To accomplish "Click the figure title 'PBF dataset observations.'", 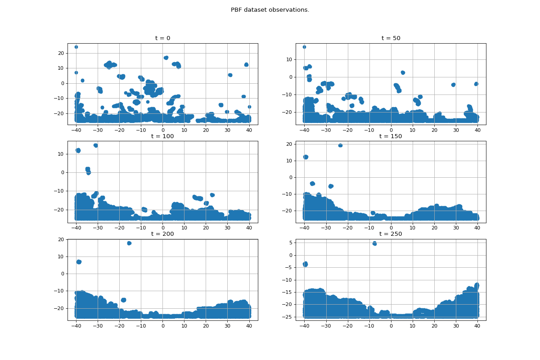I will [270, 10].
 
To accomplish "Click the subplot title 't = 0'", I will [162, 38].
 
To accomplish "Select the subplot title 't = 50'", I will [391, 38].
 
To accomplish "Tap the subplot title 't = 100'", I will [162, 136].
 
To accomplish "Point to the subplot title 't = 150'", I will [391, 136].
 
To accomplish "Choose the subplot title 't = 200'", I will [162, 234].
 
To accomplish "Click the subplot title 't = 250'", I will [391, 234].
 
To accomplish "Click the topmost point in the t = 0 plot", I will [76, 47].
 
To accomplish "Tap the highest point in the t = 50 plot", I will [304, 47].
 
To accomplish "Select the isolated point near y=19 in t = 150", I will [340, 145].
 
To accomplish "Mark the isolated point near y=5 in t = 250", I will [374, 243].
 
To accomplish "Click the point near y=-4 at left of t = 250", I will [305, 264].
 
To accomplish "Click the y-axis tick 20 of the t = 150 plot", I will [289, 144].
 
